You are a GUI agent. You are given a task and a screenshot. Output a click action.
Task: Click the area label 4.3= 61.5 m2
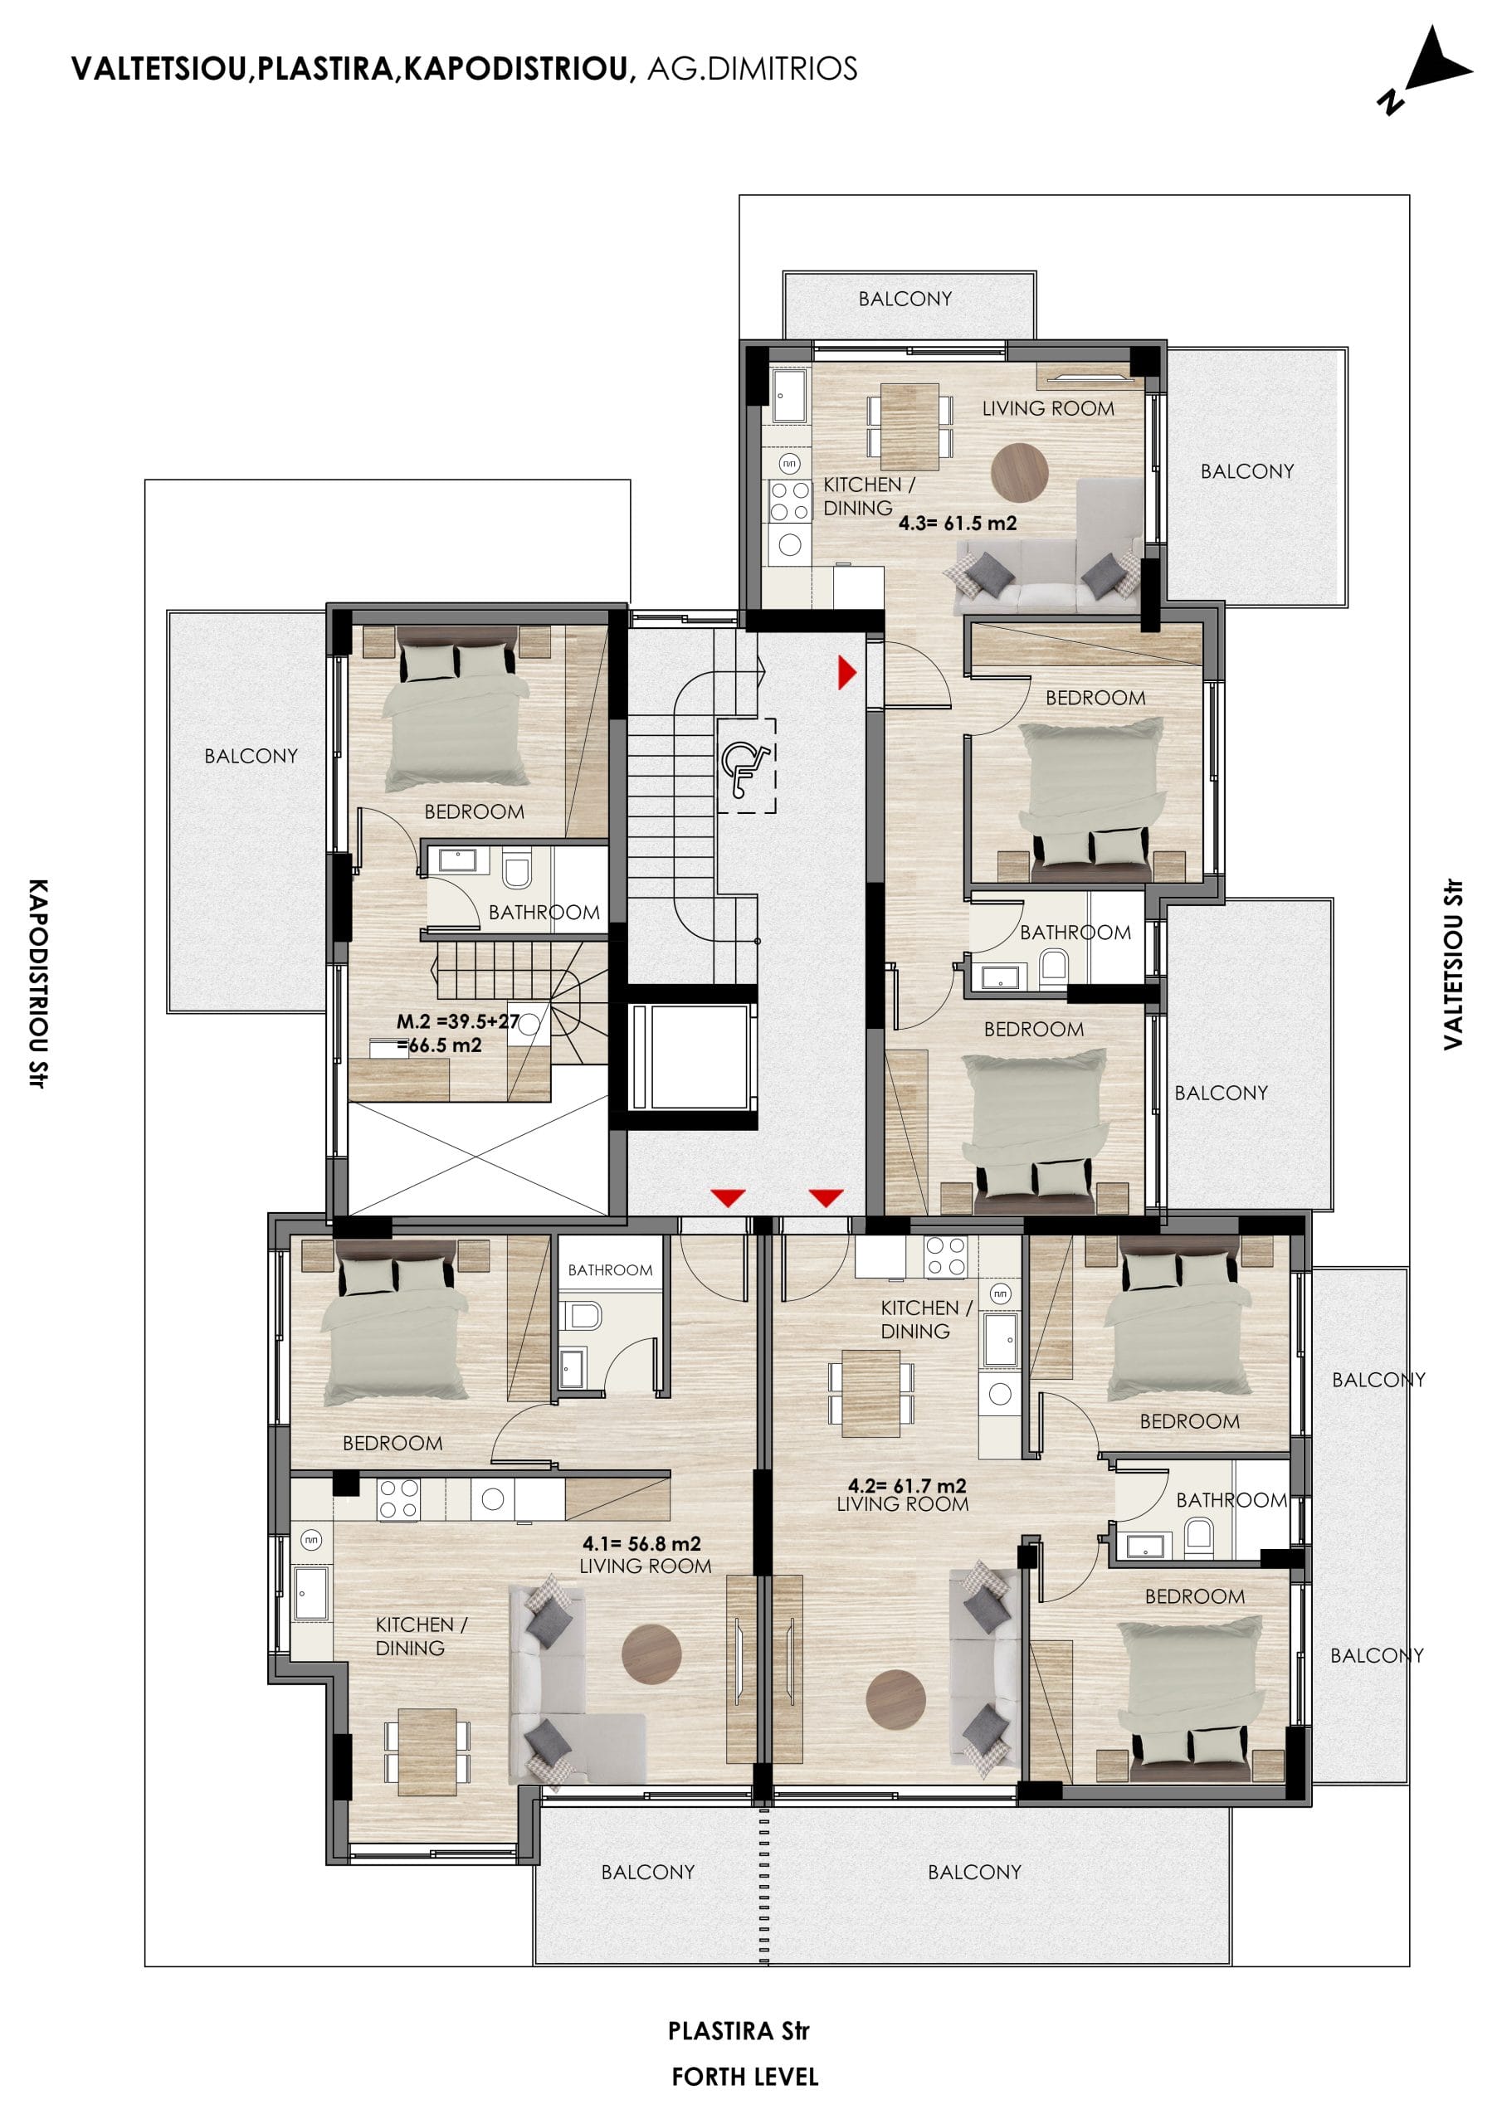click(x=957, y=523)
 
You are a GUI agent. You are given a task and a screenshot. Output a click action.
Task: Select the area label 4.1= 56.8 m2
click(x=641, y=1543)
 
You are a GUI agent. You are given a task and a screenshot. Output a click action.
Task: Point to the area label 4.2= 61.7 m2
click(x=907, y=1486)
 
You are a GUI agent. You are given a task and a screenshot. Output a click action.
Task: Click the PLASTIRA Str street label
click(x=739, y=2030)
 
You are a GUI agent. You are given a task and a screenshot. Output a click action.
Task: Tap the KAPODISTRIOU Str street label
click(x=37, y=983)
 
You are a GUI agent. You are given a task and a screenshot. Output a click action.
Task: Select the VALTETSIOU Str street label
click(x=1453, y=964)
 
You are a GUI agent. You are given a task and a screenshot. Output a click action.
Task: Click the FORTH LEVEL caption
click(x=745, y=2077)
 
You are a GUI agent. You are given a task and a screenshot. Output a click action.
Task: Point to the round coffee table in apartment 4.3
click(x=1020, y=472)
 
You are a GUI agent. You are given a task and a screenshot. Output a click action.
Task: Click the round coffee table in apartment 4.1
click(x=651, y=1653)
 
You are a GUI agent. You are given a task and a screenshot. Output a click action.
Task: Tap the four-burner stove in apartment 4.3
click(x=789, y=500)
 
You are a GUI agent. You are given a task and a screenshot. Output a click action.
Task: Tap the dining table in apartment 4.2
click(x=870, y=1392)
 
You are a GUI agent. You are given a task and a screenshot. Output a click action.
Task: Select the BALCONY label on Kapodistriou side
click(x=251, y=756)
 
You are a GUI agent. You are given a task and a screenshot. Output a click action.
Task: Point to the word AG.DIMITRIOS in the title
click(x=752, y=69)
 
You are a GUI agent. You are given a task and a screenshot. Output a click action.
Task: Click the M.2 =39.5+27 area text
click(x=457, y=1021)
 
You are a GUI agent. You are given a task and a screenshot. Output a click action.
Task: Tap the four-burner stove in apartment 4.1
click(x=398, y=1498)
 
